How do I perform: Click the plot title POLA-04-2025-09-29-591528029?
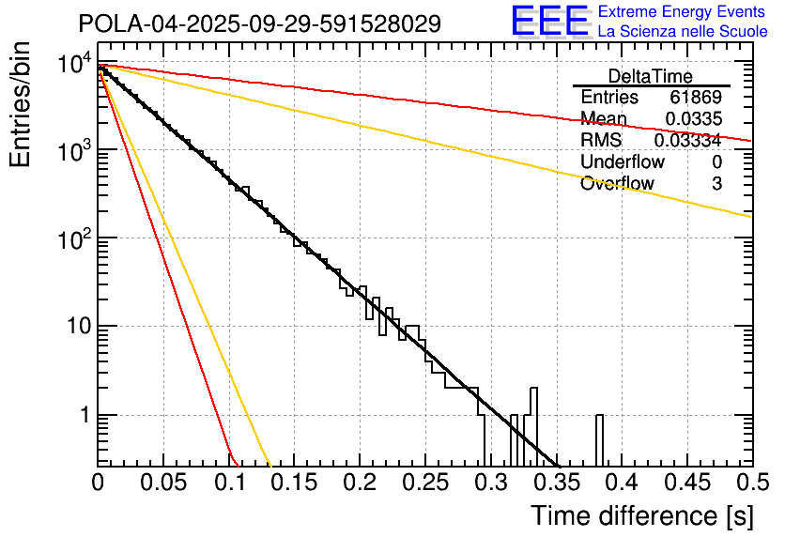pyautogui.click(x=259, y=24)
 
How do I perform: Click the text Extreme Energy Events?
pyautogui.click(x=683, y=12)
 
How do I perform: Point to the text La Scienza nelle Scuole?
pyautogui.click(x=683, y=32)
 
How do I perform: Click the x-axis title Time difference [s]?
pyautogui.click(x=642, y=515)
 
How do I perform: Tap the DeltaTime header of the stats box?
pyautogui.click(x=651, y=76)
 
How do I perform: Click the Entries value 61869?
pyautogui.click(x=696, y=98)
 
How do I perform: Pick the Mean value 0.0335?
pyautogui.click(x=693, y=118)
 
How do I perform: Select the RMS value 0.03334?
pyautogui.click(x=687, y=140)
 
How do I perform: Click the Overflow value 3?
pyautogui.click(x=716, y=183)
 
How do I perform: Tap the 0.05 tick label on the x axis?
pyautogui.click(x=163, y=483)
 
